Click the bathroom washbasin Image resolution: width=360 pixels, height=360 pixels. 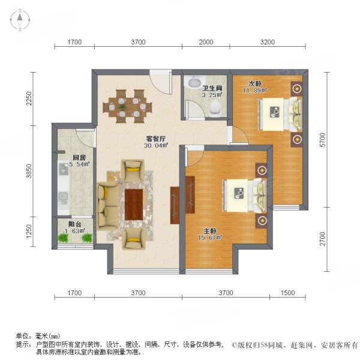[x=194, y=83]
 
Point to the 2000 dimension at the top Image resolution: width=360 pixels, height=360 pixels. [x=206, y=42]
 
